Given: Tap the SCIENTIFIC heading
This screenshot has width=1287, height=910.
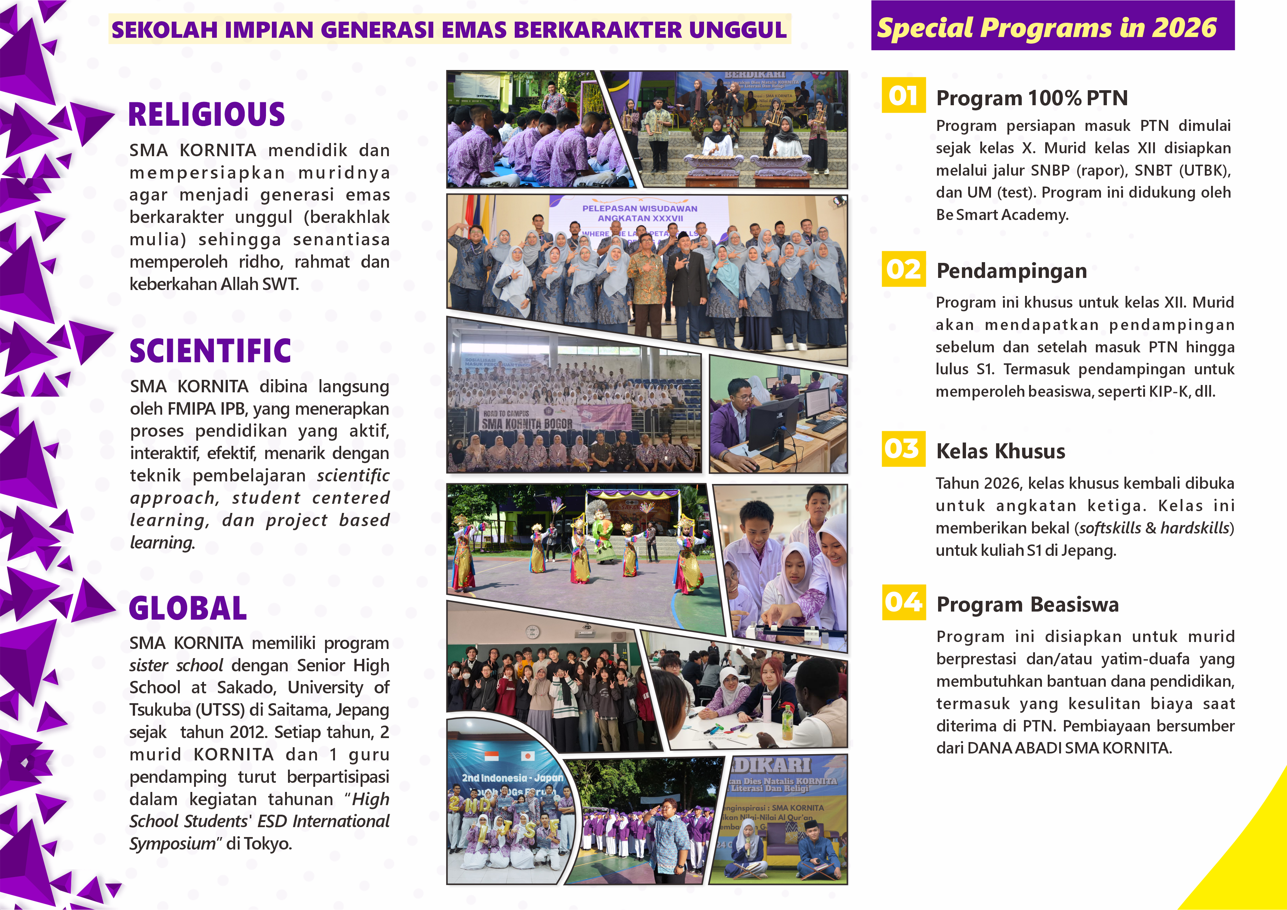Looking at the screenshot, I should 210,351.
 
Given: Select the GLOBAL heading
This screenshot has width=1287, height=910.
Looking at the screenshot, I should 188,609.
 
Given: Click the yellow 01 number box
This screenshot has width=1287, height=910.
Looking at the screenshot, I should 903,95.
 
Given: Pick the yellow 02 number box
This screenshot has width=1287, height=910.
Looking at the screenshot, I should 903,269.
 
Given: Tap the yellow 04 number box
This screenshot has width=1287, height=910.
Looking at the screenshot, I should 903,602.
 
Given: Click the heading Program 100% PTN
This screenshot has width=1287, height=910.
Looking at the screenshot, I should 1031,98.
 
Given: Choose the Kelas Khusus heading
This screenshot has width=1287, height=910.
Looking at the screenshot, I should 1000,451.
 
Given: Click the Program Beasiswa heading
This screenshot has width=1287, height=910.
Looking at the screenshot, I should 1028,605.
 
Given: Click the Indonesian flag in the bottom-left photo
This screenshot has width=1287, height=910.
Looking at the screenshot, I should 491,756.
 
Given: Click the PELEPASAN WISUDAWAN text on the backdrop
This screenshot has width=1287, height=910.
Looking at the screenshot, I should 639,209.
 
